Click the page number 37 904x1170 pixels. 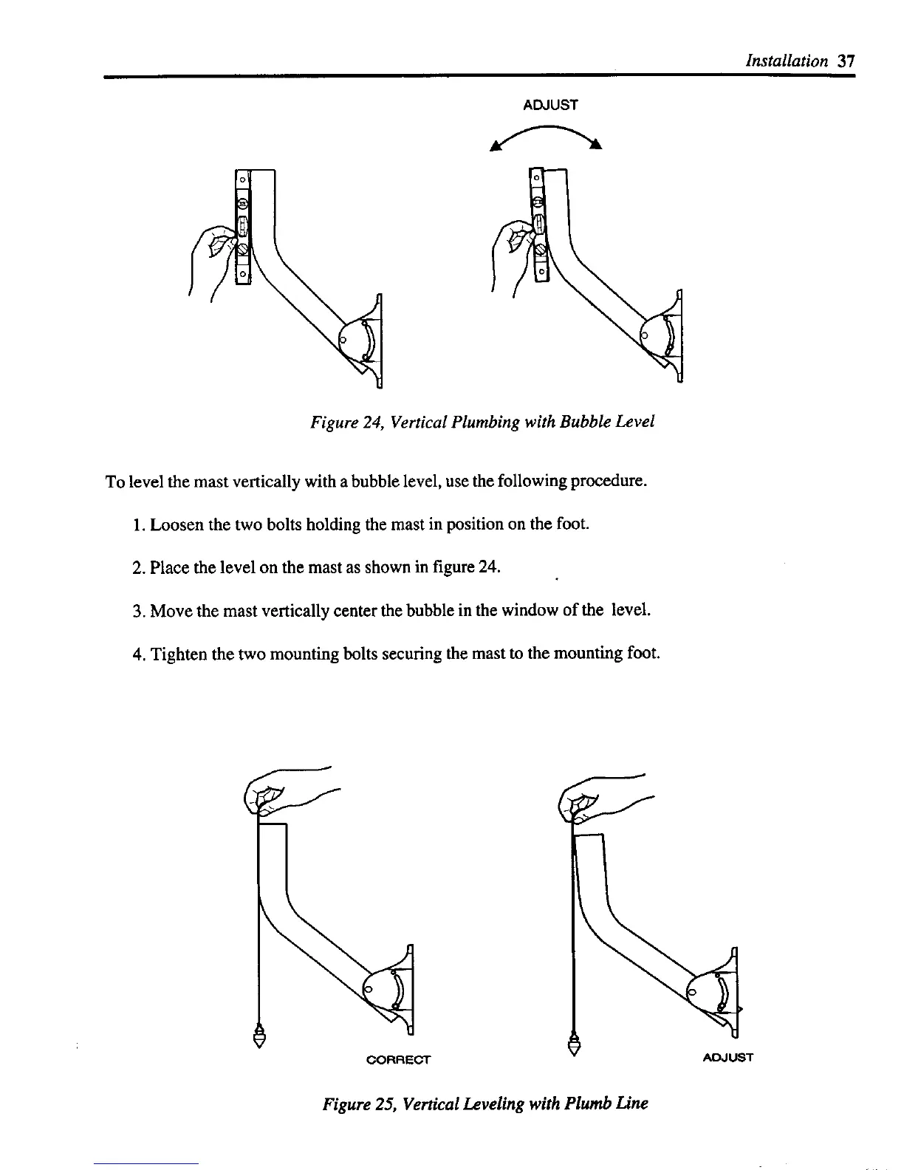click(x=846, y=61)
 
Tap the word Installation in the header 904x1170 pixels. click(x=787, y=61)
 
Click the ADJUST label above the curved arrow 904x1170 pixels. click(x=550, y=105)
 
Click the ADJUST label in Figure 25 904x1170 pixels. click(x=727, y=1058)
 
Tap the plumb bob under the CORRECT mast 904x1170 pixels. click(x=259, y=1036)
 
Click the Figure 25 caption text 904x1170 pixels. click(x=484, y=1105)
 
